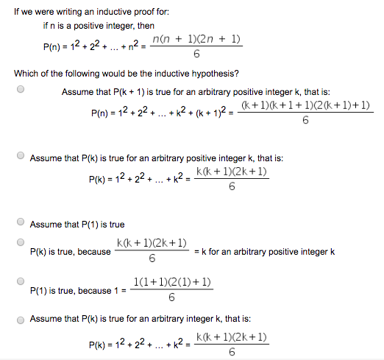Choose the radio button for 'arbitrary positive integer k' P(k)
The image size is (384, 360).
pyautogui.click(x=21, y=155)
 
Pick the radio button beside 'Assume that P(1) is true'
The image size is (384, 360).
pyautogui.click(x=21, y=222)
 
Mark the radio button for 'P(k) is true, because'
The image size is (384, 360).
pyautogui.click(x=21, y=242)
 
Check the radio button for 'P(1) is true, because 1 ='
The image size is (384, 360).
pyautogui.click(x=21, y=281)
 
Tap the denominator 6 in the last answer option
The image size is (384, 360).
pyautogui.click(x=232, y=353)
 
